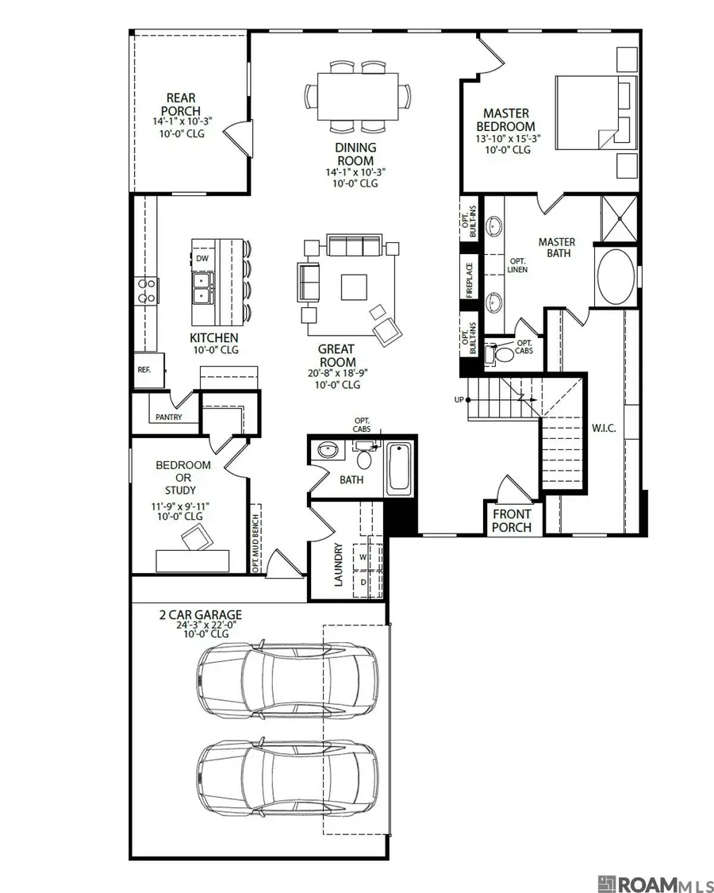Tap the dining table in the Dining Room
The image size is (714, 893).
pos(359,96)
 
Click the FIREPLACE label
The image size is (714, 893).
pos(470,279)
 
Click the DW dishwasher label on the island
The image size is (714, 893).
pos(202,259)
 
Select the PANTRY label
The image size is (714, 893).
pos(168,418)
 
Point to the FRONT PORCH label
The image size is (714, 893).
pos(512,521)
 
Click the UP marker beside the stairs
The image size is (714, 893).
pos(458,399)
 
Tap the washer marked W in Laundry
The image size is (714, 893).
pos(363,556)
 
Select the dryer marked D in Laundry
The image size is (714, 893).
pos(363,582)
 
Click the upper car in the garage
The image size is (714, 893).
pos(288,679)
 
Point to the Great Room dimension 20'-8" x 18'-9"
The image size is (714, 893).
pos(336,372)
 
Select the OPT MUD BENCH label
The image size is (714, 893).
pos(256,537)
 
